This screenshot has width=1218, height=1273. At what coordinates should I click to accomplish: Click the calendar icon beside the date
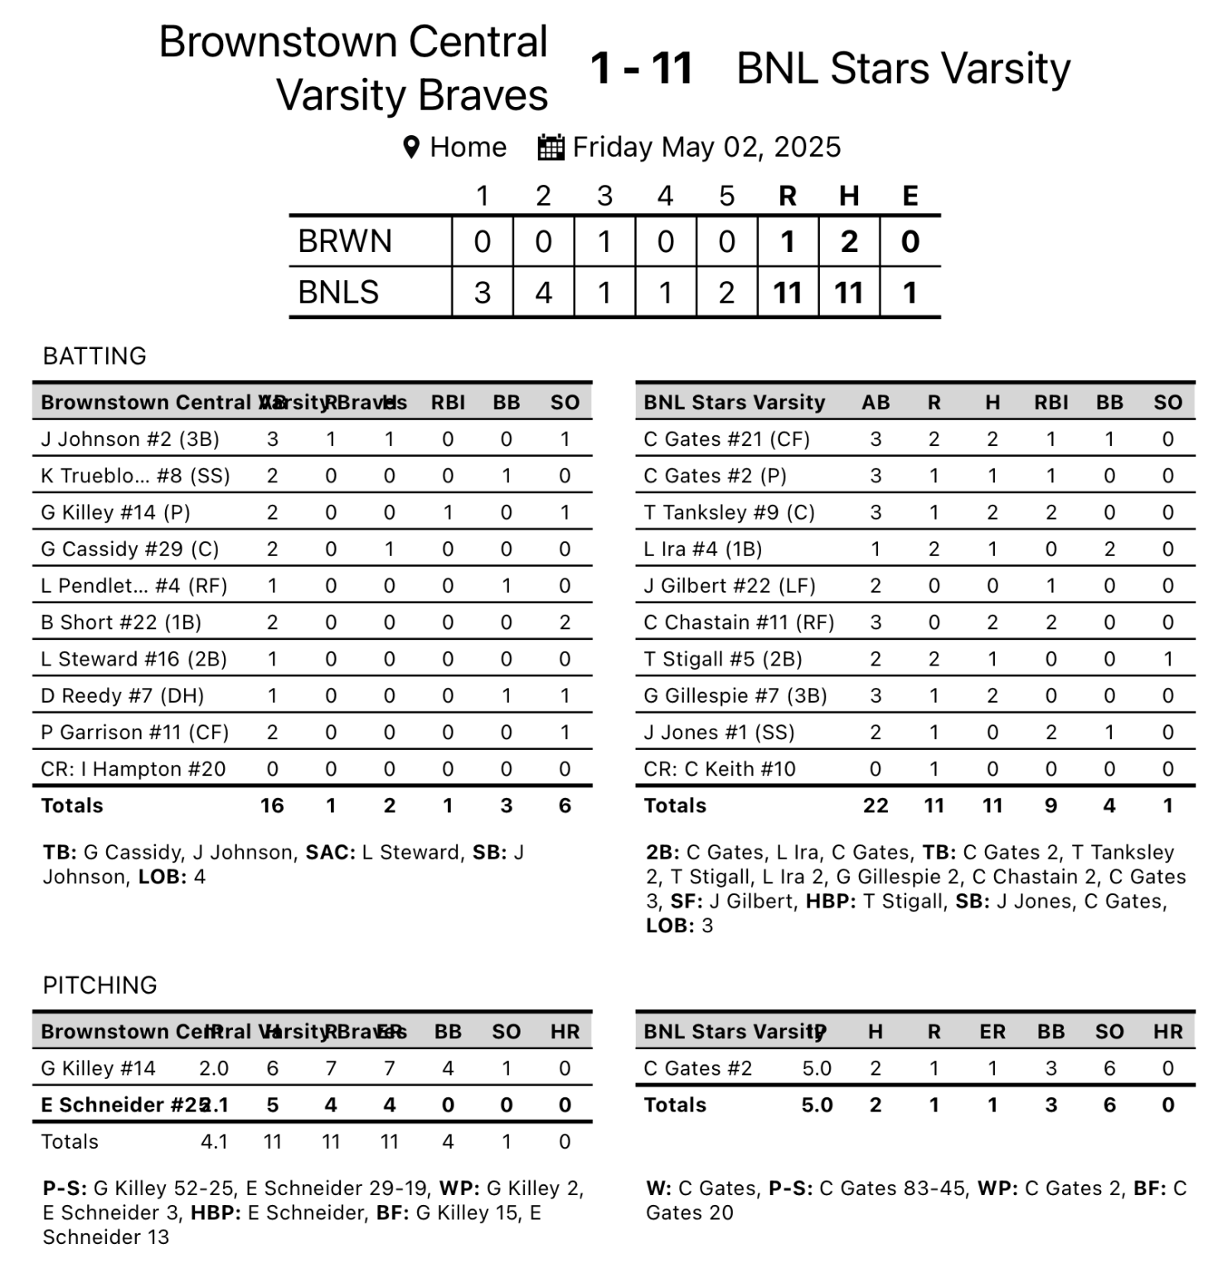pyautogui.click(x=551, y=148)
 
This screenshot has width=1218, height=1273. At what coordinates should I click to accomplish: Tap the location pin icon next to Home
pyautogui.click(x=410, y=148)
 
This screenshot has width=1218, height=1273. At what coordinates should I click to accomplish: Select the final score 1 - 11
pyautogui.click(x=641, y=68)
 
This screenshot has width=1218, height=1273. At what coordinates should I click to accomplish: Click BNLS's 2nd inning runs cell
pyautogui.click(x=543, y=293)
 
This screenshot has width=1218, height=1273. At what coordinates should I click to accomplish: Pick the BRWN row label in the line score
pyautogui.click(x=345, y=241)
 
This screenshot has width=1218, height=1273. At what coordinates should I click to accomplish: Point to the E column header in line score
pyautogui.click(x=910, y=196)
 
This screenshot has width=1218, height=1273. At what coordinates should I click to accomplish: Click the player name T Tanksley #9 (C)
pyautogui.click(x=729, y=512)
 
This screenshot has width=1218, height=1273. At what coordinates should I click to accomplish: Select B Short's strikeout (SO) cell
pyautogui.click(x=565, y=622)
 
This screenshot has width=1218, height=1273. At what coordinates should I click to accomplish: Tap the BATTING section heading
pyautogui.click(x=95, y=356)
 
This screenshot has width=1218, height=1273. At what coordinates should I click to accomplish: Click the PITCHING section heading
pyautogui.click(x=99, y=985)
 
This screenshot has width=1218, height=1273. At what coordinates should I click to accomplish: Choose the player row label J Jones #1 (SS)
pyautogui.click(x=719, y=733)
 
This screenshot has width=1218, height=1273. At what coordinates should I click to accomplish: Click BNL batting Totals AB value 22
pyautogui.click(x=876, y=806)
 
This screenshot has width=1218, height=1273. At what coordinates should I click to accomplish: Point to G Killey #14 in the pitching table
pyautogui.click(x=98, y=1068)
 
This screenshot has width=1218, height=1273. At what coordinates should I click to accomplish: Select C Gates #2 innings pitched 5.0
pyautogui.click(x=817, y=1068)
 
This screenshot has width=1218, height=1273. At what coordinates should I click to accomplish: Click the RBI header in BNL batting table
pyautogui.click(x=1051, y=403)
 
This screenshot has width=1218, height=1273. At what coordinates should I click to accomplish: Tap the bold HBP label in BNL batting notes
pyautogui.click(x=830, y=901)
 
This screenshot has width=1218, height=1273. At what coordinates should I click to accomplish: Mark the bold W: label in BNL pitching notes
pyautogui.click(x=658, y=1188)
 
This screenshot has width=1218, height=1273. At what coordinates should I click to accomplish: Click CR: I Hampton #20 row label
pyautogui.click(x=133, y=769)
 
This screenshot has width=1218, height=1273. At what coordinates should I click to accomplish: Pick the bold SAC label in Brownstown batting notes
pyautogui.click(x=328, y=852)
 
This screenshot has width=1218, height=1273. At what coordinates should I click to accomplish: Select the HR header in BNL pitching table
pyautogui.click(x=1167, y=1032)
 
